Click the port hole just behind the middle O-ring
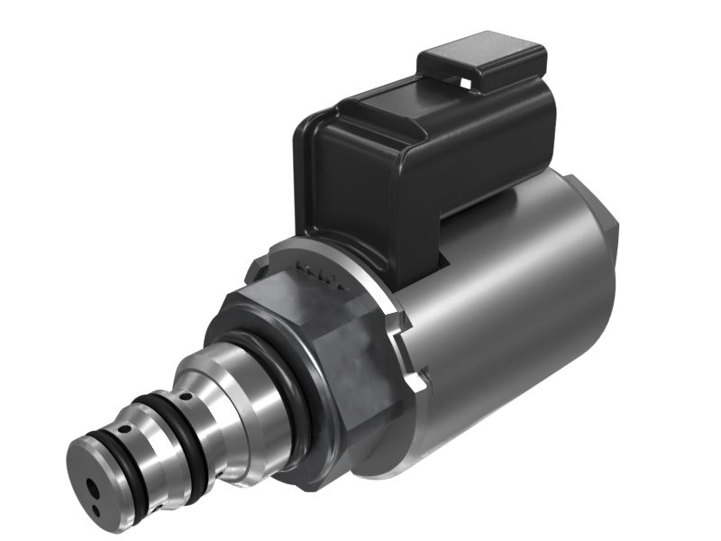pos(186,397)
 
